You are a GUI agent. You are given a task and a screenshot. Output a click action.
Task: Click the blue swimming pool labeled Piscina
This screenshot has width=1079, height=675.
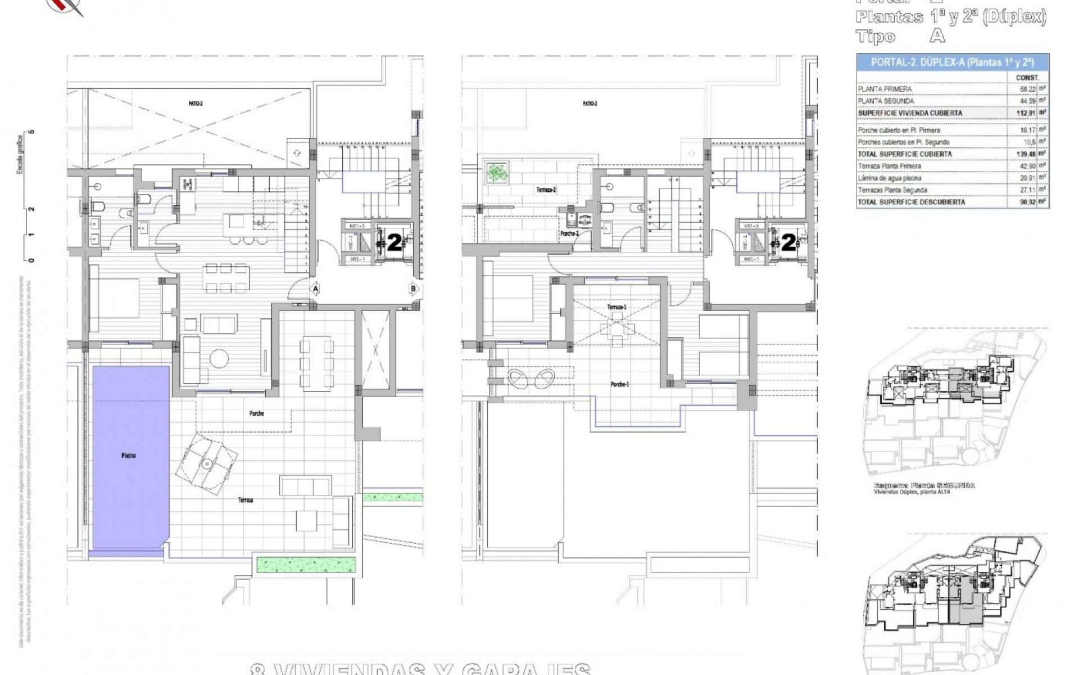click(130, 456)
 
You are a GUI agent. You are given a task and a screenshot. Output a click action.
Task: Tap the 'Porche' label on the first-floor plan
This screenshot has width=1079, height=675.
click(256, 413)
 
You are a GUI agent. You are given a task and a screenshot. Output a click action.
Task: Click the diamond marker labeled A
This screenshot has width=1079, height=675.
click(316, 289)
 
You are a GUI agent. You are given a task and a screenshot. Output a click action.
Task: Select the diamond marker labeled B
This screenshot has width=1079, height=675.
click(414, 289)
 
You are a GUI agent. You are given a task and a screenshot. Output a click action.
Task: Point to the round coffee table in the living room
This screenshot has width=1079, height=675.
click(219, 358)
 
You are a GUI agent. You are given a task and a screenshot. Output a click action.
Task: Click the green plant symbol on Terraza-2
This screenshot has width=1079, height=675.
click(496, 172)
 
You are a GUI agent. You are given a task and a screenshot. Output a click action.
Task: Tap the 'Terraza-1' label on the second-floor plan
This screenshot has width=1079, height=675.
click(616, 307)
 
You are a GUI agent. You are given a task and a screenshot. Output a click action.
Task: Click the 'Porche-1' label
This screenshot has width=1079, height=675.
click(620, 384)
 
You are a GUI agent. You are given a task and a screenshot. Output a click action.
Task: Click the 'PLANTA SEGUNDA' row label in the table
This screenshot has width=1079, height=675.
click(886, 101)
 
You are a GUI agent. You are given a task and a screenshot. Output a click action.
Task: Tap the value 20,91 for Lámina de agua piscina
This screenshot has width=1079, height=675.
click(1027, 178)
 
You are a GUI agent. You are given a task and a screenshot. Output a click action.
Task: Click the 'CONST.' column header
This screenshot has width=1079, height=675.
click(1027, 78)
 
